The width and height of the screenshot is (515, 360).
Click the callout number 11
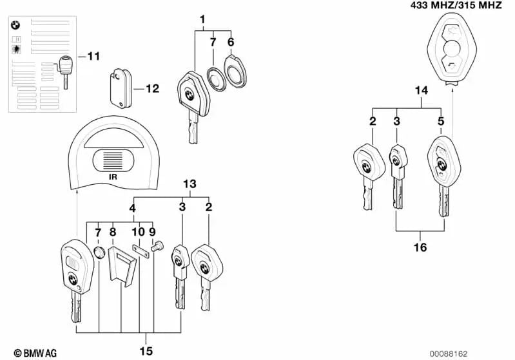93,57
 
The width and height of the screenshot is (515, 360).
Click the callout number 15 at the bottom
146,350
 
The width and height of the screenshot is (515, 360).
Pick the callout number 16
420,247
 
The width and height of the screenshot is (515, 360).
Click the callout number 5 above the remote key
441,121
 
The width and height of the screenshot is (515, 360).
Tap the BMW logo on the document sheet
16,26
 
